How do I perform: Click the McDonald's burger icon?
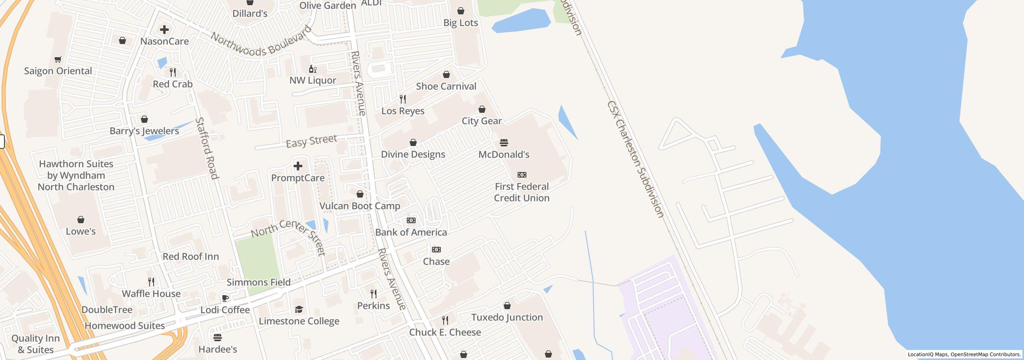[x=504, y=143]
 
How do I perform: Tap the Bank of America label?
[x=411, y=232]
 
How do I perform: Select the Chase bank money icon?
[x=436, y=250]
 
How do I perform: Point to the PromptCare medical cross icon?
[x=298, y=166]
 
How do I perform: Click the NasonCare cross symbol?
[x=164, y=30]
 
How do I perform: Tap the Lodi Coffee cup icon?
[x=225, y=298]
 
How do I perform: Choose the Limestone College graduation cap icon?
[x=299, y=309]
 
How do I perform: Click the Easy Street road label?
[x=312, y=141]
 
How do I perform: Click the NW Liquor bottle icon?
[x=313, y=69]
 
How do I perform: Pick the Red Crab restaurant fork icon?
[x=173, y=72]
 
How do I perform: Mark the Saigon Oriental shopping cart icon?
[x=58, y=60]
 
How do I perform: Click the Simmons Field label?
[x=258, y=282]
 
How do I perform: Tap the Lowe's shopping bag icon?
[x=81, y=220]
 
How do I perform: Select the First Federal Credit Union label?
[x=522, y=192]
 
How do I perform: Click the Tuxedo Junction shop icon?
[x=507, y=306]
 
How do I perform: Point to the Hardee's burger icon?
[x=218, y=338]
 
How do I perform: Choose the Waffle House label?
[x=151, y=294]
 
